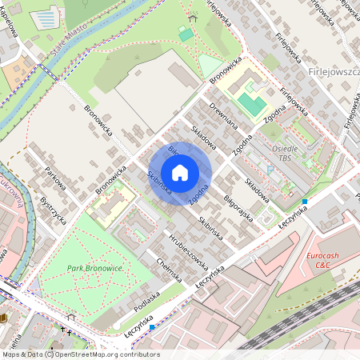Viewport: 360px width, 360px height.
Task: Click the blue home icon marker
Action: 180,173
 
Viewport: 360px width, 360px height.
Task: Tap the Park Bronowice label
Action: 94,268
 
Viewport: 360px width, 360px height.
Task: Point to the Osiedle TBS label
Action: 285,153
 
